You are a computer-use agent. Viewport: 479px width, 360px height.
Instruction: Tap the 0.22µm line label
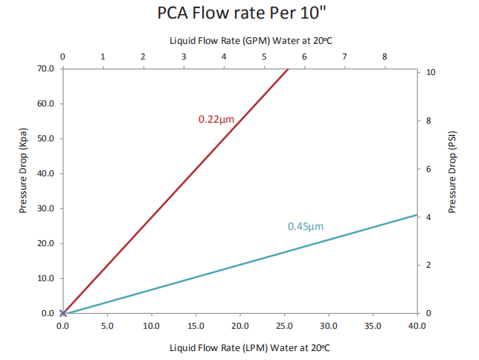217,119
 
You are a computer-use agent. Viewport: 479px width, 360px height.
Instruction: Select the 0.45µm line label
306,226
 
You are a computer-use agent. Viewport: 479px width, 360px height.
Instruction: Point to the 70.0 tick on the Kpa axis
45,68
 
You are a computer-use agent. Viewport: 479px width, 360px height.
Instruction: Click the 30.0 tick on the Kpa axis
45,208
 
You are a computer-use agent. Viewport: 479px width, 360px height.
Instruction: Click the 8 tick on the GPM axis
385,56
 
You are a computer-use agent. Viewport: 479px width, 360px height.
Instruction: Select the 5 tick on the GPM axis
264,56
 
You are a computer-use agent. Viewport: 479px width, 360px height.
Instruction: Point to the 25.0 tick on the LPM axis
283,325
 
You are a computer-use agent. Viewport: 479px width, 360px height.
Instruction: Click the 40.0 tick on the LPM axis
416,325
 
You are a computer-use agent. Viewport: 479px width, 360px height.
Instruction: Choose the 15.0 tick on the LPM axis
195,325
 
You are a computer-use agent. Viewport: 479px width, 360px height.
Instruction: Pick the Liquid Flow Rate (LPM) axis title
239,347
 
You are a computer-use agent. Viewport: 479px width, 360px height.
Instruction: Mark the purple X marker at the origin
63,313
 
